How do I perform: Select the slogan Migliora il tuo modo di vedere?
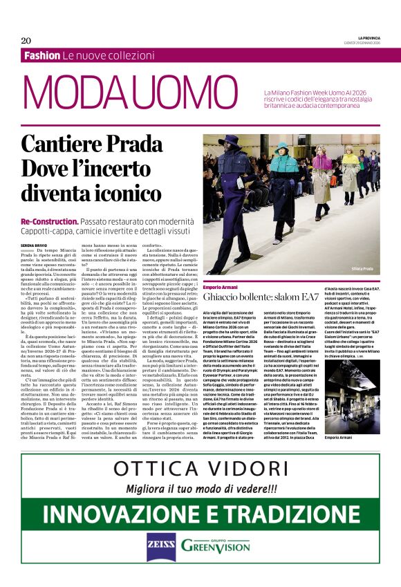coord(200,489)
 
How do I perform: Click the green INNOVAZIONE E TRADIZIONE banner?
coord(200,514)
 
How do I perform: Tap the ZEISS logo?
coord(160,545)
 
